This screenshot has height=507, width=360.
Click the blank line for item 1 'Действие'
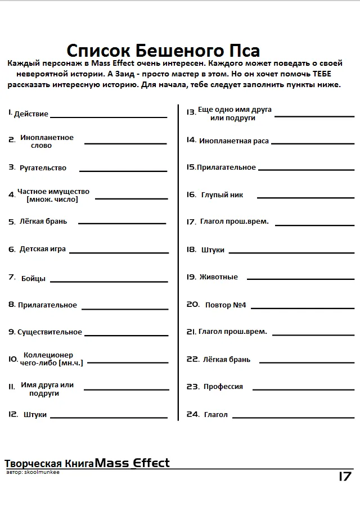point(108,116)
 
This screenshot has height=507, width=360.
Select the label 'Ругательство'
point(43,168)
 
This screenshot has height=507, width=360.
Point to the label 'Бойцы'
point(34,278)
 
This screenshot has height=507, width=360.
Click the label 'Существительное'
point(49,332)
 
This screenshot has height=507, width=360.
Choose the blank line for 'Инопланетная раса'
point(313,143)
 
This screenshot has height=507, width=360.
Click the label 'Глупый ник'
point(222,195)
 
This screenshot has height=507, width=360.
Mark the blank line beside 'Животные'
point(300,279)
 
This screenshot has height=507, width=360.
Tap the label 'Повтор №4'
point(226,305)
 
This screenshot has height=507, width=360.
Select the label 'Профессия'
point(223,387)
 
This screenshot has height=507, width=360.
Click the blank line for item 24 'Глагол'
point(293,418)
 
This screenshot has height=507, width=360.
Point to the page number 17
point(345,477)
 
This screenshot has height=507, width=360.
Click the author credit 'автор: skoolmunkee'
point(33,472)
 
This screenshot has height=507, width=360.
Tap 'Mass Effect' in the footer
point(133,463)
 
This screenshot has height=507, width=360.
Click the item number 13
point(191,112)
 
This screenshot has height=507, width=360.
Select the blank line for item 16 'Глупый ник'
point(305,197)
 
